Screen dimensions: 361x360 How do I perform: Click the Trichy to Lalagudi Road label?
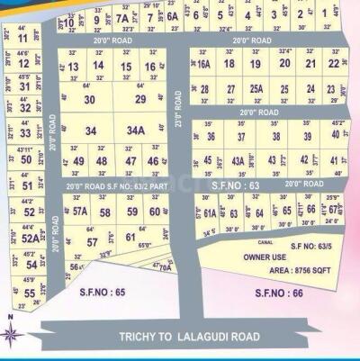(x=189, y=337)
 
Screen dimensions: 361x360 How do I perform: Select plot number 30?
(x=89, y=100)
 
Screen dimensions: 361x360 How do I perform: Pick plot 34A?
(x=136, y=131)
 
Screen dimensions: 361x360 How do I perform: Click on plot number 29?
(x=139, y=99)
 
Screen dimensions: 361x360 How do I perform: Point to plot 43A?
(x=238, y=160)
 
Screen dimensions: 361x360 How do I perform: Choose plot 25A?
(x=256, y=89)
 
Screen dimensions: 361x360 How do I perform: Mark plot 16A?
(x=204, y=65)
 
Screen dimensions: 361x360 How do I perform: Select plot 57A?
(x=80, y=212)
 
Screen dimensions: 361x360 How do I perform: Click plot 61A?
(x=210, y=213)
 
